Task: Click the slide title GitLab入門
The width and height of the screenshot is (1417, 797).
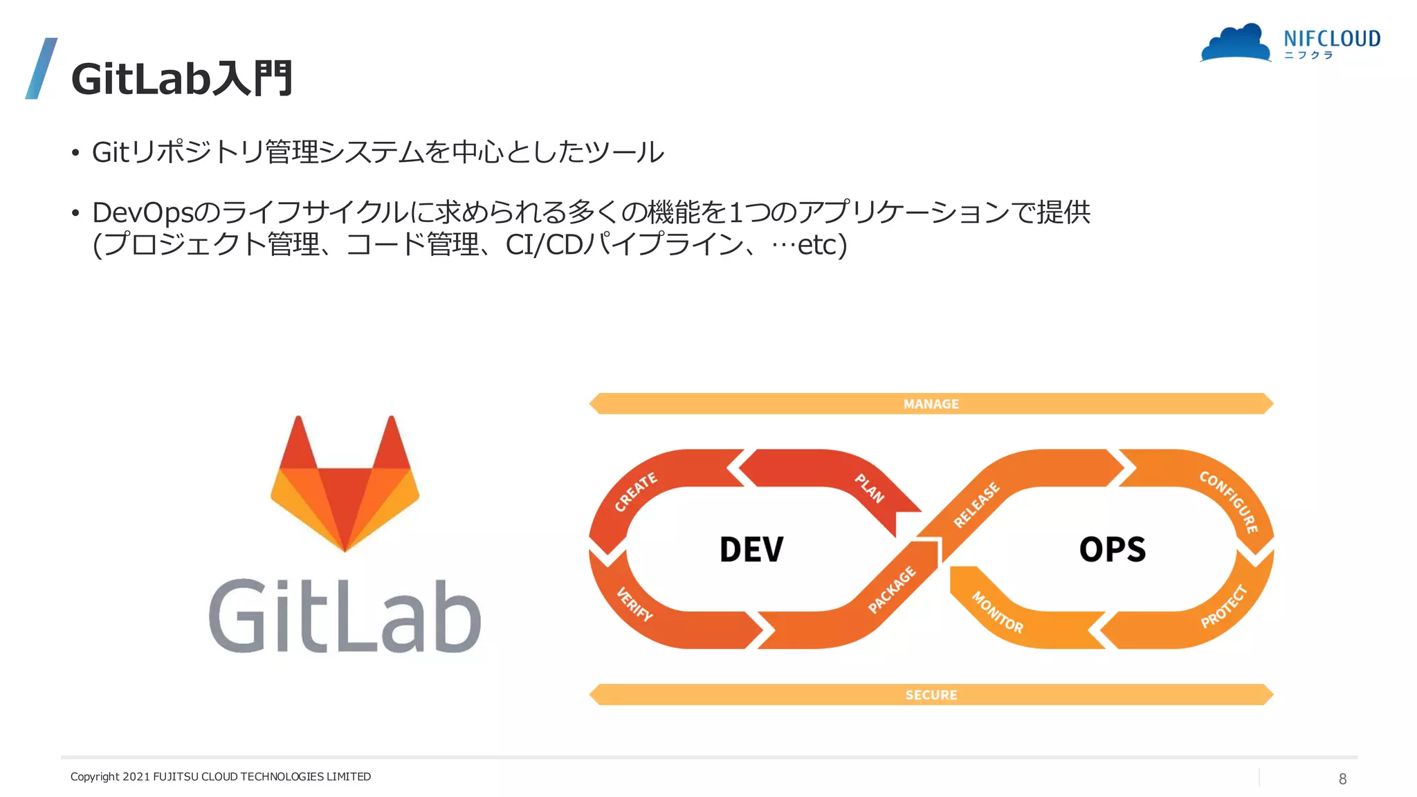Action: pyautogui.click(x=182, y=79)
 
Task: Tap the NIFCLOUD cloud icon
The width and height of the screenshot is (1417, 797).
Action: pyautogui.click(x=1236, y=44)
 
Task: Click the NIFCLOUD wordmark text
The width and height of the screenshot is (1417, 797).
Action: pyautogui.click(x=1332, y=39)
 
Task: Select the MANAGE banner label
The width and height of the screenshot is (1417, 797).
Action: pyautogui.click(x=931, y=404)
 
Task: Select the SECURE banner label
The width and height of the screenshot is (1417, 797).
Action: pyautogui.click(x=931, y=695)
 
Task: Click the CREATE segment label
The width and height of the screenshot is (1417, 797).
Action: pyautogui.click(x=636, y=492)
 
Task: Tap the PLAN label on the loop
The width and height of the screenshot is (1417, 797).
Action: pyautogui.click(x=870, y=488)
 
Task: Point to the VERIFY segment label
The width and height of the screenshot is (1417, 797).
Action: pyautogui.click(x=634, y=604)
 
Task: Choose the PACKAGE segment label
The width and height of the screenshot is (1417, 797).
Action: pyautogui.click(x=892, y=589)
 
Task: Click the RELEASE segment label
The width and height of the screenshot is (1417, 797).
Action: pyautogui.click(x=976, y=505)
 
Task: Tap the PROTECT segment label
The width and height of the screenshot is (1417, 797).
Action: pyautogui.click(x=1223, y=606)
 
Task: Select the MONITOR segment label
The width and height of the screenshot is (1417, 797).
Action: pyautogui.click(x=997, y=612)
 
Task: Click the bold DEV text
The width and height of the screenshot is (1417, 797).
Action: pyautogui.click(x=751, y=550)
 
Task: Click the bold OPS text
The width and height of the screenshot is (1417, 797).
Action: pyautogui.click(x=1112, y=550)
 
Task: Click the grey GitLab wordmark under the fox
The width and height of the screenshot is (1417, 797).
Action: pyautogui.click(x=345, y=616)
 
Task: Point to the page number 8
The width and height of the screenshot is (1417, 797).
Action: pyautogui.click(x=1342, y=779)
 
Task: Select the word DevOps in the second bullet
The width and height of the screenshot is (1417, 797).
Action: pyautogui.click(x=142, y=212)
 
